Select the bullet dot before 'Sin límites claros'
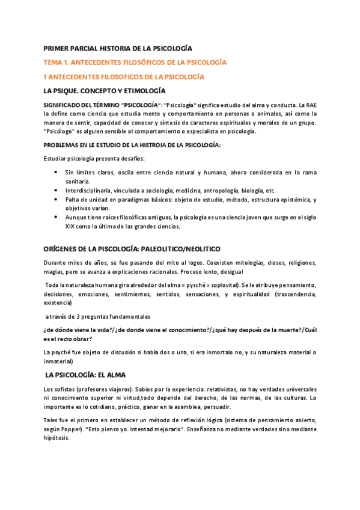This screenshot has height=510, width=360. click(56, 172)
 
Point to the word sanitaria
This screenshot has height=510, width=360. click(78, 181)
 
